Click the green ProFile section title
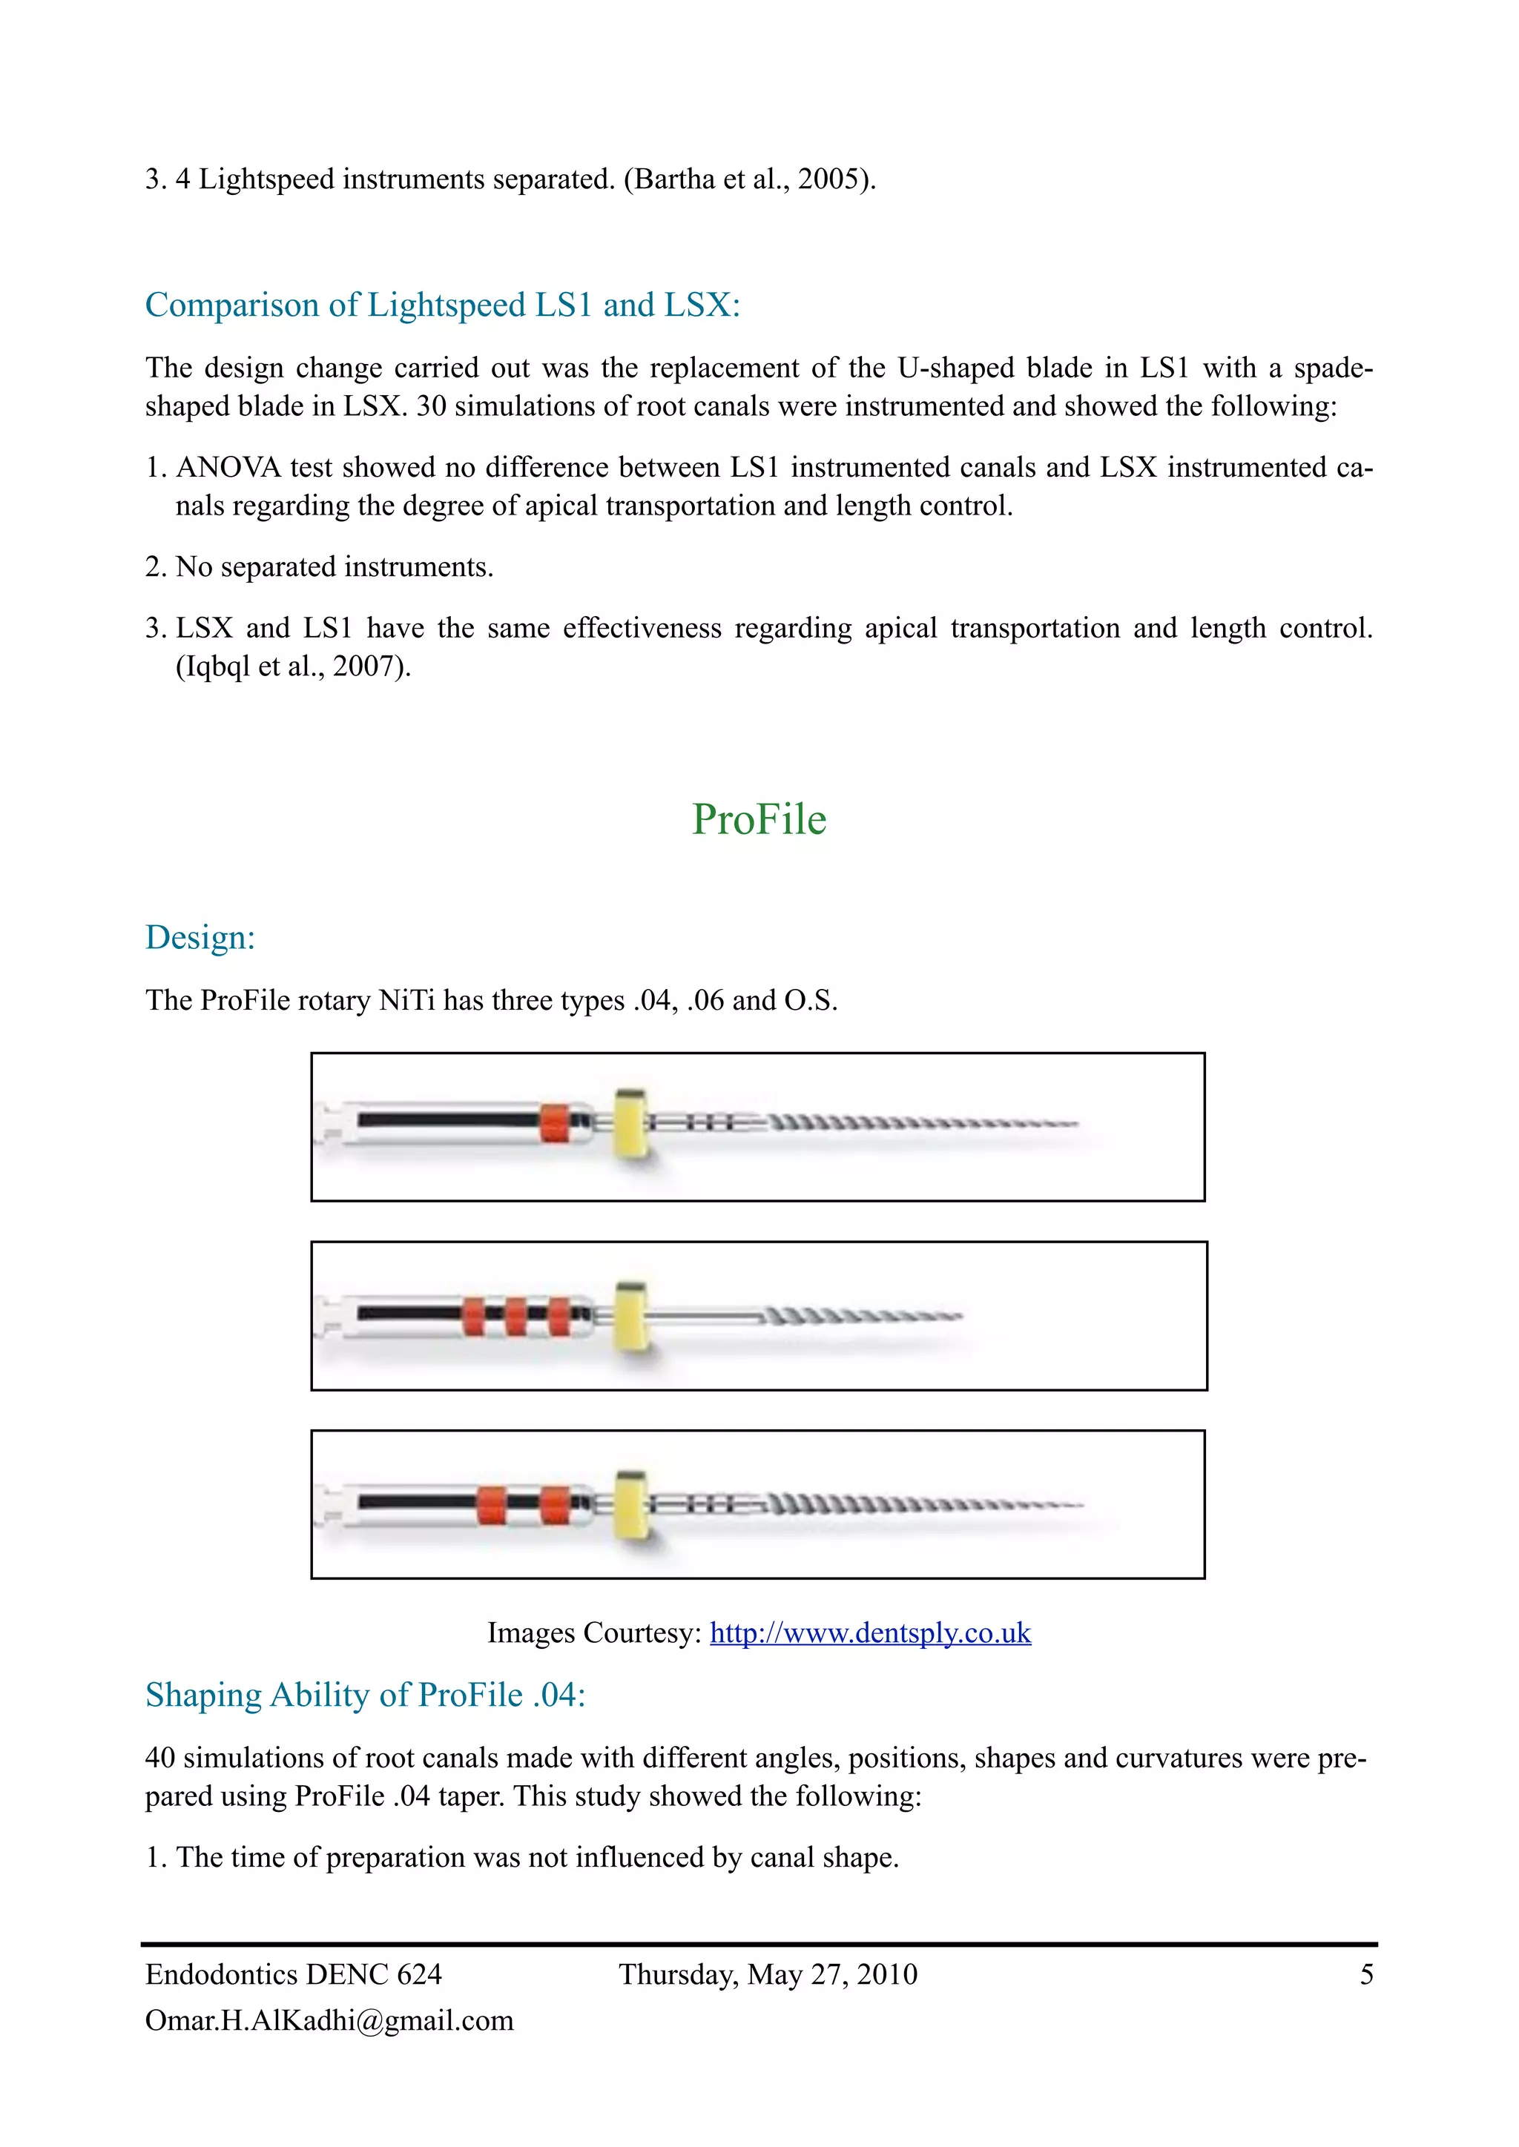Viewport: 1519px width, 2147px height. coord(759,819)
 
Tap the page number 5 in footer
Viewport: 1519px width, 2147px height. coord(1366,1974)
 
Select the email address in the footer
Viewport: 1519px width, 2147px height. coord(329,2021)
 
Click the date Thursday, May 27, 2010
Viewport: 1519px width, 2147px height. coord(768,1974)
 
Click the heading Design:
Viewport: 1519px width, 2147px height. coord(200,937)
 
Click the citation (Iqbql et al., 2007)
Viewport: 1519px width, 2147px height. coord(294,666)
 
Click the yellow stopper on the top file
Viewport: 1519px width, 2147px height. coord(631,1123)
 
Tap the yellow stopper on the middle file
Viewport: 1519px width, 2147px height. coord(631,1316)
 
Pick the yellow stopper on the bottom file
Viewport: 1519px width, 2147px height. coord(631,1506)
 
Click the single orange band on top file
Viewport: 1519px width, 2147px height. coord(554,1123)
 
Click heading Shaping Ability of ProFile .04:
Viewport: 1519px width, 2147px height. coord(365,1695)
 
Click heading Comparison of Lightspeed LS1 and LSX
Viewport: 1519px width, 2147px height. coord(441,305)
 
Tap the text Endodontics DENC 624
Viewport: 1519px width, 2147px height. coord(293,1974)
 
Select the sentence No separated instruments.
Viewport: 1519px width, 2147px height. coord(334,566)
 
